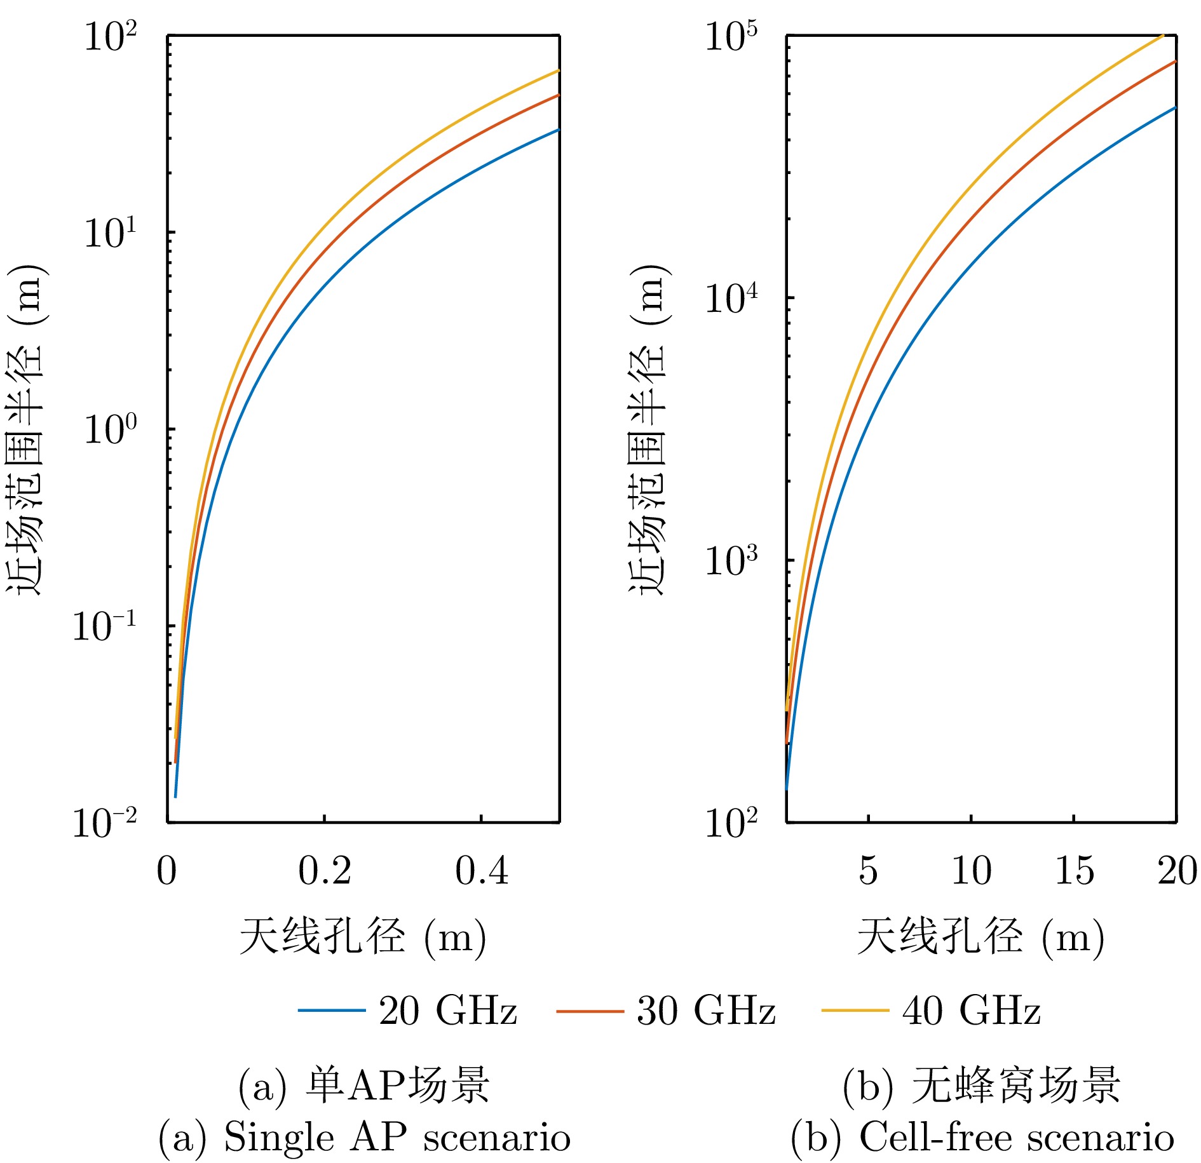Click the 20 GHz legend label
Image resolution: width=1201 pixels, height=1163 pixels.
tap(447, 1010)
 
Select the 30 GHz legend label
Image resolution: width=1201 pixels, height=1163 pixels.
tap(706, 1010)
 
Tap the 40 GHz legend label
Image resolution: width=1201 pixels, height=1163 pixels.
tap(971, 1010)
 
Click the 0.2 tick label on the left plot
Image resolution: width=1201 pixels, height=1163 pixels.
tap(324, 870)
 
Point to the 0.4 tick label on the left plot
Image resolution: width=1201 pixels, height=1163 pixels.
tap(481, 870)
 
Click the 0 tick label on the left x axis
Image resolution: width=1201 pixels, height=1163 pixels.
tap(166, 870)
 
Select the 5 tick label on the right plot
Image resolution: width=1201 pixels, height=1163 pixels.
tap(868, 870)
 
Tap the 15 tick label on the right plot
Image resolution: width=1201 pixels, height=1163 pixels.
tap(1074, 870)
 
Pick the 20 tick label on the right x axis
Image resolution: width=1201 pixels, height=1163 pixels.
tap(1177, 870)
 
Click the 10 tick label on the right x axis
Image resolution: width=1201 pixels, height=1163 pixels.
tap(971, 870)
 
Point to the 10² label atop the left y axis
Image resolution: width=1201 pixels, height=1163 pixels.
tap(110, 36)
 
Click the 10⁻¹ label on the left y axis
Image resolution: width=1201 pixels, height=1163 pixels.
tap(104, 626)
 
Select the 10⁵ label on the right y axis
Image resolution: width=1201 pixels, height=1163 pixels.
tap(731, 36)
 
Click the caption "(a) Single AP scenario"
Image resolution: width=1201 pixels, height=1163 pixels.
tap(364, 1136)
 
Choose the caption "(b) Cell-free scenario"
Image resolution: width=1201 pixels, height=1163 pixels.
tap(982, 1136)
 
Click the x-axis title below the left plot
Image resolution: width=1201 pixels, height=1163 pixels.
tap(363, 937)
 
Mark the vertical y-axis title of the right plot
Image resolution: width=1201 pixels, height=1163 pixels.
tap(648, 429)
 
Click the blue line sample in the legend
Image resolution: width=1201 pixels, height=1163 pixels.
tap(332, 1011)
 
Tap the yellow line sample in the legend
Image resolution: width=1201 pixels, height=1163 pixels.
tap(855, 1011)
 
